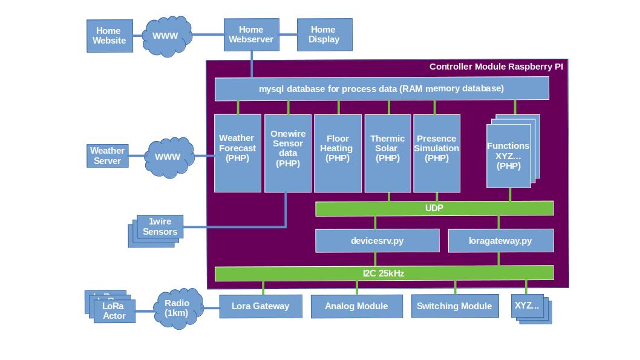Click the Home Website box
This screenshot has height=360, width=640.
(109, 36)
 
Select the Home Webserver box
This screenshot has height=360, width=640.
(251, 34)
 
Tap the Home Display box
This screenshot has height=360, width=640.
(324, 34)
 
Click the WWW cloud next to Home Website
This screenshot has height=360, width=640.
(165, 36)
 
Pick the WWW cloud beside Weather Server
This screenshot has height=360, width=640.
(168, 157)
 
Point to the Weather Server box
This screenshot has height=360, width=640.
(107, 155)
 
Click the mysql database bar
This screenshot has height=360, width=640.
(382, 88)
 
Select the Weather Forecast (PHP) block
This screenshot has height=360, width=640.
(238, 153)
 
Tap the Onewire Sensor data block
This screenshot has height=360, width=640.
(288, 153)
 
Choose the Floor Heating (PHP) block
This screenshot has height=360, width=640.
(338, 153)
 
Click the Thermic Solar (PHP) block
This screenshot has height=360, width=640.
(388, 153)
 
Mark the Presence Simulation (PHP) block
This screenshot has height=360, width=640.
(437, 153)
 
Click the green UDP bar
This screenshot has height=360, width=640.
(434, 208)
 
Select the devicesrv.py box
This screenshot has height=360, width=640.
(377, 240)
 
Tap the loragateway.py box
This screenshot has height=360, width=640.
(500, 240)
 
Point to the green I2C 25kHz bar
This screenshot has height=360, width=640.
(384, 273)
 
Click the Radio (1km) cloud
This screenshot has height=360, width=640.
(177, 309)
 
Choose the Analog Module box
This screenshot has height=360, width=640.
(356, 306)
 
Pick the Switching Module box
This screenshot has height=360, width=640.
(454, 306)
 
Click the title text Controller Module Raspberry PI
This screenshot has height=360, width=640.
(496, 67)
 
